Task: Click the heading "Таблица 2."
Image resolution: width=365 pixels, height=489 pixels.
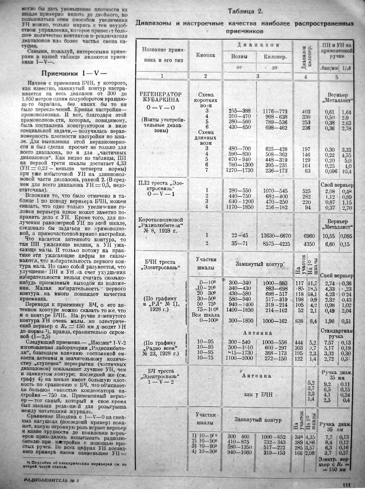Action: (245, 11)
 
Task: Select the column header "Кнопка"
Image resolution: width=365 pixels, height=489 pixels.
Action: (205, 55)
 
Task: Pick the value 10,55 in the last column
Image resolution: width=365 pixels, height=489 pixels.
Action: (330, 236)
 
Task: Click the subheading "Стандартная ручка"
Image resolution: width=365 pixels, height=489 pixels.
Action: (336, 333)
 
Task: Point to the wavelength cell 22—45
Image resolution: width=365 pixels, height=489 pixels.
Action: (239, 235)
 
